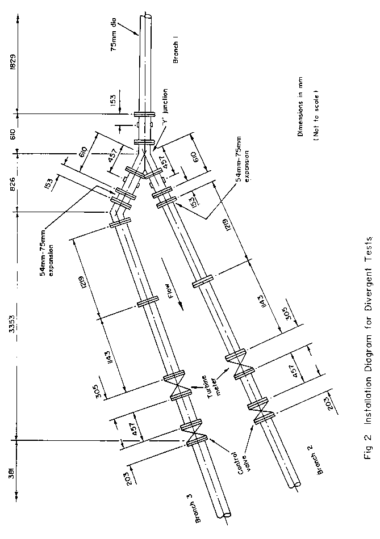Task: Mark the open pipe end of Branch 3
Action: [226, 515]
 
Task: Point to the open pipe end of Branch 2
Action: [296, 486]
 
